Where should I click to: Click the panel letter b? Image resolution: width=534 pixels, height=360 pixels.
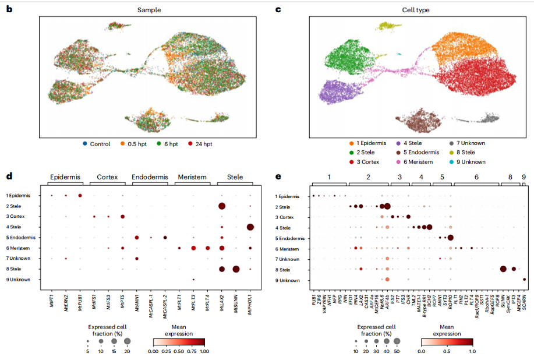[9, 9]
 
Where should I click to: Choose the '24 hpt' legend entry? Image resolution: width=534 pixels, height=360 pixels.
[206, 143]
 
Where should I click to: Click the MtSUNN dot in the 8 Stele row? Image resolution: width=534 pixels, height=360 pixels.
[236, 269]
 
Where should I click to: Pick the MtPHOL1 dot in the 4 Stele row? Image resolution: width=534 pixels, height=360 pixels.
[250, 227]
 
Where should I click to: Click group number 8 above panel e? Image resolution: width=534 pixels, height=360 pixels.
[510, 177]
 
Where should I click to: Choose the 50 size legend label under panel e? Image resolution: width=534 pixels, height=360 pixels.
[397, 352]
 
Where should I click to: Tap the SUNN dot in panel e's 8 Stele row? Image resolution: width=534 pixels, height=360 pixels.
[503, 269]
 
